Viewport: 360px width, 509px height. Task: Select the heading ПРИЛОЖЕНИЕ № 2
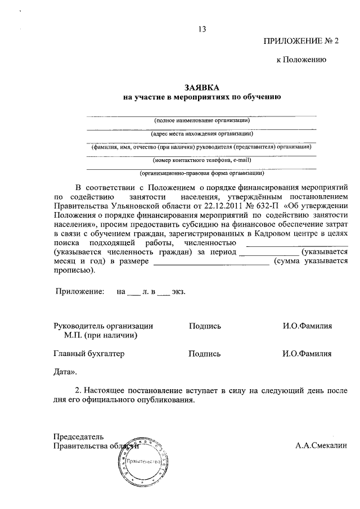coord(301,42)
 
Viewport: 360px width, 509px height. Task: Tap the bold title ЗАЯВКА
coord(201,87)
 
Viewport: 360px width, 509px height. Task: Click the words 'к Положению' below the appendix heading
coord(298,59)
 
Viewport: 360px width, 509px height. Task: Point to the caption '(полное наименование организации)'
coord(202,120)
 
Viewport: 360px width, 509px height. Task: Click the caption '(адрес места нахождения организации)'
coord(202,134)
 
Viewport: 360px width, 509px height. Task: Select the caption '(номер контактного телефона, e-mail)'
coord(202,160)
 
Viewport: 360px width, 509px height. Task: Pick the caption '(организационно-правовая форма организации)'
coord(202,174)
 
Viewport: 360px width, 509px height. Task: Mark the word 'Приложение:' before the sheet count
coord(79,292)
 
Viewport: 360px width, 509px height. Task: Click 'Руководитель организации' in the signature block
coord(103,326)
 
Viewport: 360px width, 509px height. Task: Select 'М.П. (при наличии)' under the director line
coord(101,335)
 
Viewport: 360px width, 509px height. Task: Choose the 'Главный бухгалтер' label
coord(88,354)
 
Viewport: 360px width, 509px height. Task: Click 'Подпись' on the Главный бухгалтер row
coord(205,354)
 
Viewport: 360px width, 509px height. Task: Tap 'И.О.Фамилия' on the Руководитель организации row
coord(307,326)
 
